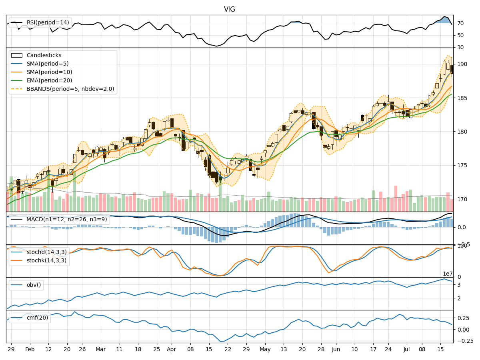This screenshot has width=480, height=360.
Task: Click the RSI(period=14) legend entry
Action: click(x=48, y=23)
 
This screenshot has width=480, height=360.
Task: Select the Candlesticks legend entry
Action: click(x=44, y=55)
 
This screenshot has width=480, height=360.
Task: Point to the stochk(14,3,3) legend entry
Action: click(x=47, y=260)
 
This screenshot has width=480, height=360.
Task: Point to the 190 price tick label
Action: click(x=462, y=64)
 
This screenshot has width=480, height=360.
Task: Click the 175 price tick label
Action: click(x=462, y=165)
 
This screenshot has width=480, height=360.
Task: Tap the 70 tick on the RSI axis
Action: click(x=460, y=23)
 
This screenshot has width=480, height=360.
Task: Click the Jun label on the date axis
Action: click(x=336, y=349)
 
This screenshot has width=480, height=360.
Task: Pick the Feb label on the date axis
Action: click(x=30, y=349)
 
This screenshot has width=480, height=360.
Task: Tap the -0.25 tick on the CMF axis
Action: click(x=464, y=341)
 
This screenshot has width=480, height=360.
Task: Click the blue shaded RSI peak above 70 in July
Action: click(x=444, y=20)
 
